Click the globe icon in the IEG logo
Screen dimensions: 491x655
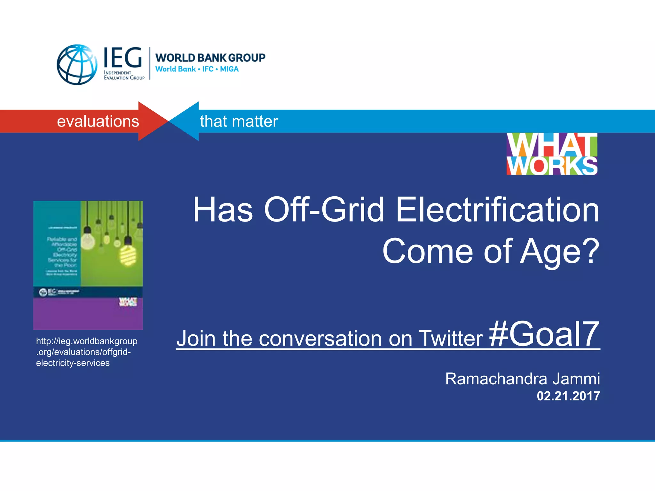[x=77, y=65]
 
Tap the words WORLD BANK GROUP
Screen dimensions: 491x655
[x=210, y=58]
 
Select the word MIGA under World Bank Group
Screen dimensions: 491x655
[x=229, y=69]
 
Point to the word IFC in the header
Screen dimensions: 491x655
[x=208, y=69]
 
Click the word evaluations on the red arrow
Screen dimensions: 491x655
[x=98, y=121]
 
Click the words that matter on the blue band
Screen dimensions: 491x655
[x=239, y=121]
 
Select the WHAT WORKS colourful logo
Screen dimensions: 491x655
[x=552, y=154]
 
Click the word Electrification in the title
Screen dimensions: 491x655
[x=497, y=210]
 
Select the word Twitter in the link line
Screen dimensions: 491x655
[x=451, y=338]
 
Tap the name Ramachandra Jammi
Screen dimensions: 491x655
[x=522, y=379]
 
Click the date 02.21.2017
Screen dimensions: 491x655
[x=568, y=396]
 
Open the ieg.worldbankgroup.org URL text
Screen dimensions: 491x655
[x=86, y=352]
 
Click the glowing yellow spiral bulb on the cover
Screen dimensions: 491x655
[x=128, y=255]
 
